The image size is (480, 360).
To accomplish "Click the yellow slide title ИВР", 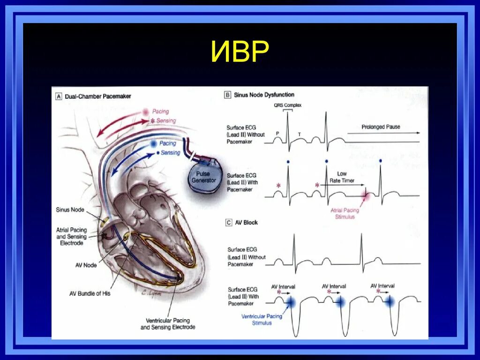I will coord(240,52).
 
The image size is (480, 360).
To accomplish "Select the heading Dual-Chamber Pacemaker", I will coord(98,96).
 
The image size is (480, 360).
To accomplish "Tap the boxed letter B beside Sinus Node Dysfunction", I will coord(228,95).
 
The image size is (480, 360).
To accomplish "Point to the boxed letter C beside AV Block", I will coord(228,223).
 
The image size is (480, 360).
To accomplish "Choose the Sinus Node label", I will coord(71,210).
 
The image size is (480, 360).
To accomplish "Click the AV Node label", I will coord(86,265).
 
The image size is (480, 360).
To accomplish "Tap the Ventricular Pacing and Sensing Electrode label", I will coord(168,323).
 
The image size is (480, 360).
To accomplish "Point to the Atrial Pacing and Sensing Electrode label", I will coord(71,236).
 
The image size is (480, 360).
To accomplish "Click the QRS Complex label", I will coord(287,105).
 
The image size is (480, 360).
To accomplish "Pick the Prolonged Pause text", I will coord(381,127).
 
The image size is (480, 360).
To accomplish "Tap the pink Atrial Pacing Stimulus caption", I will coord(345,213).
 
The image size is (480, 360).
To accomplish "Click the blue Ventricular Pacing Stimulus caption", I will coord(262,319).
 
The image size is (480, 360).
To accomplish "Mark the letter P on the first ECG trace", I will coord(277,134).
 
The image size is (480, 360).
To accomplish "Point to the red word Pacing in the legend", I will coord(160,112).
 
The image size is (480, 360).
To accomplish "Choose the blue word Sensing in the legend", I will coord(171,153).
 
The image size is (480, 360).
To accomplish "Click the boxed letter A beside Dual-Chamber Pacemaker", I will coord(59,96).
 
